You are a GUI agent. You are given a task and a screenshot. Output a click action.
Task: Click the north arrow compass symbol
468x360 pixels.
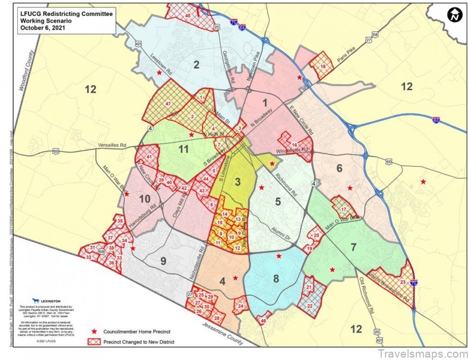pyautogui.click(x=454, y=15)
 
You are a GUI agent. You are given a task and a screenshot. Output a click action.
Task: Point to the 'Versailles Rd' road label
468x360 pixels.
pyautogui.click(x=113, y=146)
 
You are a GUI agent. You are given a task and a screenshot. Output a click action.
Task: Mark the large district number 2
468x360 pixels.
pyautogui.click(x=195, y=65)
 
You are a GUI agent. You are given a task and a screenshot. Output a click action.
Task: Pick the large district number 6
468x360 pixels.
pyautogui.click(x=339, y=168)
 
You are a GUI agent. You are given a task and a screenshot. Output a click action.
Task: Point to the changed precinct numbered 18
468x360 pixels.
pyautogui.click(x=323, y=67)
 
